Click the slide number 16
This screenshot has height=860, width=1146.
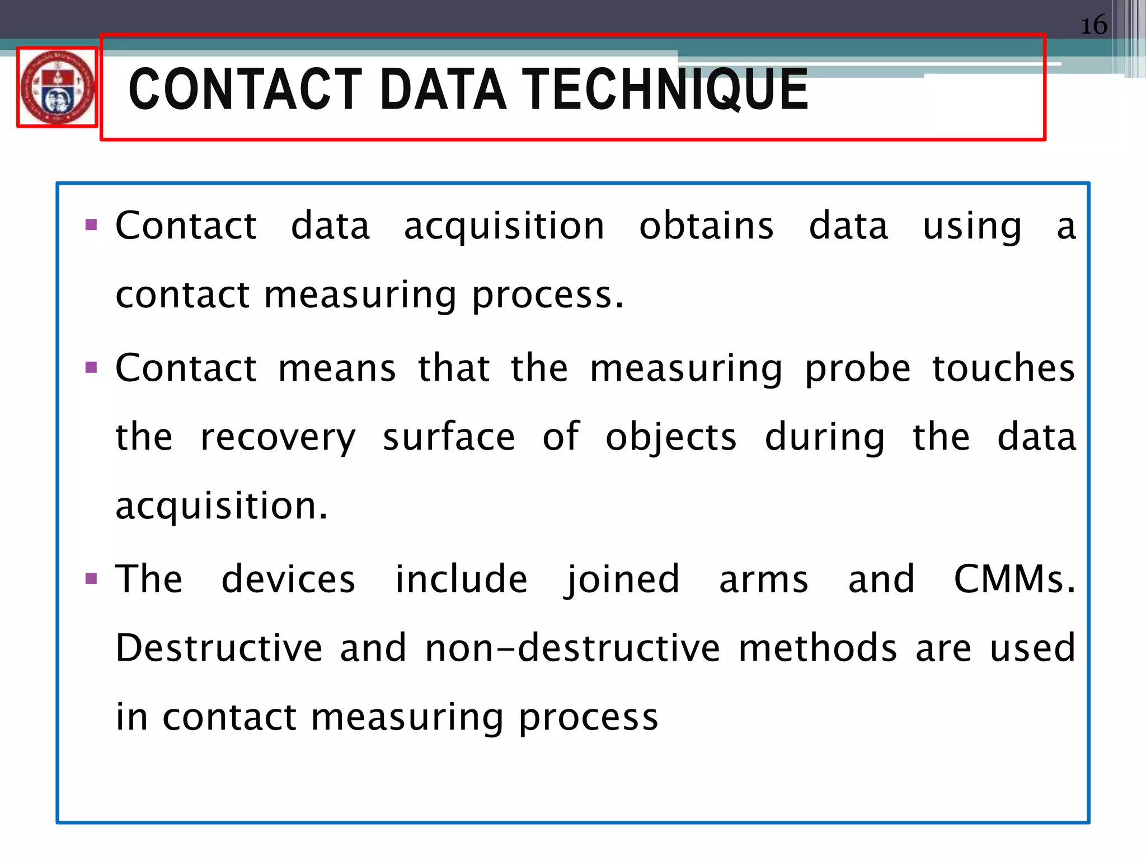point(1093,26)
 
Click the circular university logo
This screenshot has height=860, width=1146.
point(57,87)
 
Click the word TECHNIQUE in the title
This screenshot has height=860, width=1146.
point(666,89)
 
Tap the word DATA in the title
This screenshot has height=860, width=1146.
point(443,89)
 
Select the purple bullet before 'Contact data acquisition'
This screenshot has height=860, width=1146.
point(91,226)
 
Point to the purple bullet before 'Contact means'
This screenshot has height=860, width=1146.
point(91,368)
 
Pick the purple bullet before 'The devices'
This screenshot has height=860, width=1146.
point(91,578)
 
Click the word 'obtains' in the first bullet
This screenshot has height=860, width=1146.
point(706,226)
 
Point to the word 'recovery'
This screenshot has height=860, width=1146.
point(278,438)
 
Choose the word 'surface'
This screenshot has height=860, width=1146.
point(449,437)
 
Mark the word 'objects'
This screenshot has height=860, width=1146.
point(671,438)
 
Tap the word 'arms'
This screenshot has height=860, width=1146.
point(764,579)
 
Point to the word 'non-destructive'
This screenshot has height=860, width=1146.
point(572,648)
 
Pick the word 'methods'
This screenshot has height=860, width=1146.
point(818,648)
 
